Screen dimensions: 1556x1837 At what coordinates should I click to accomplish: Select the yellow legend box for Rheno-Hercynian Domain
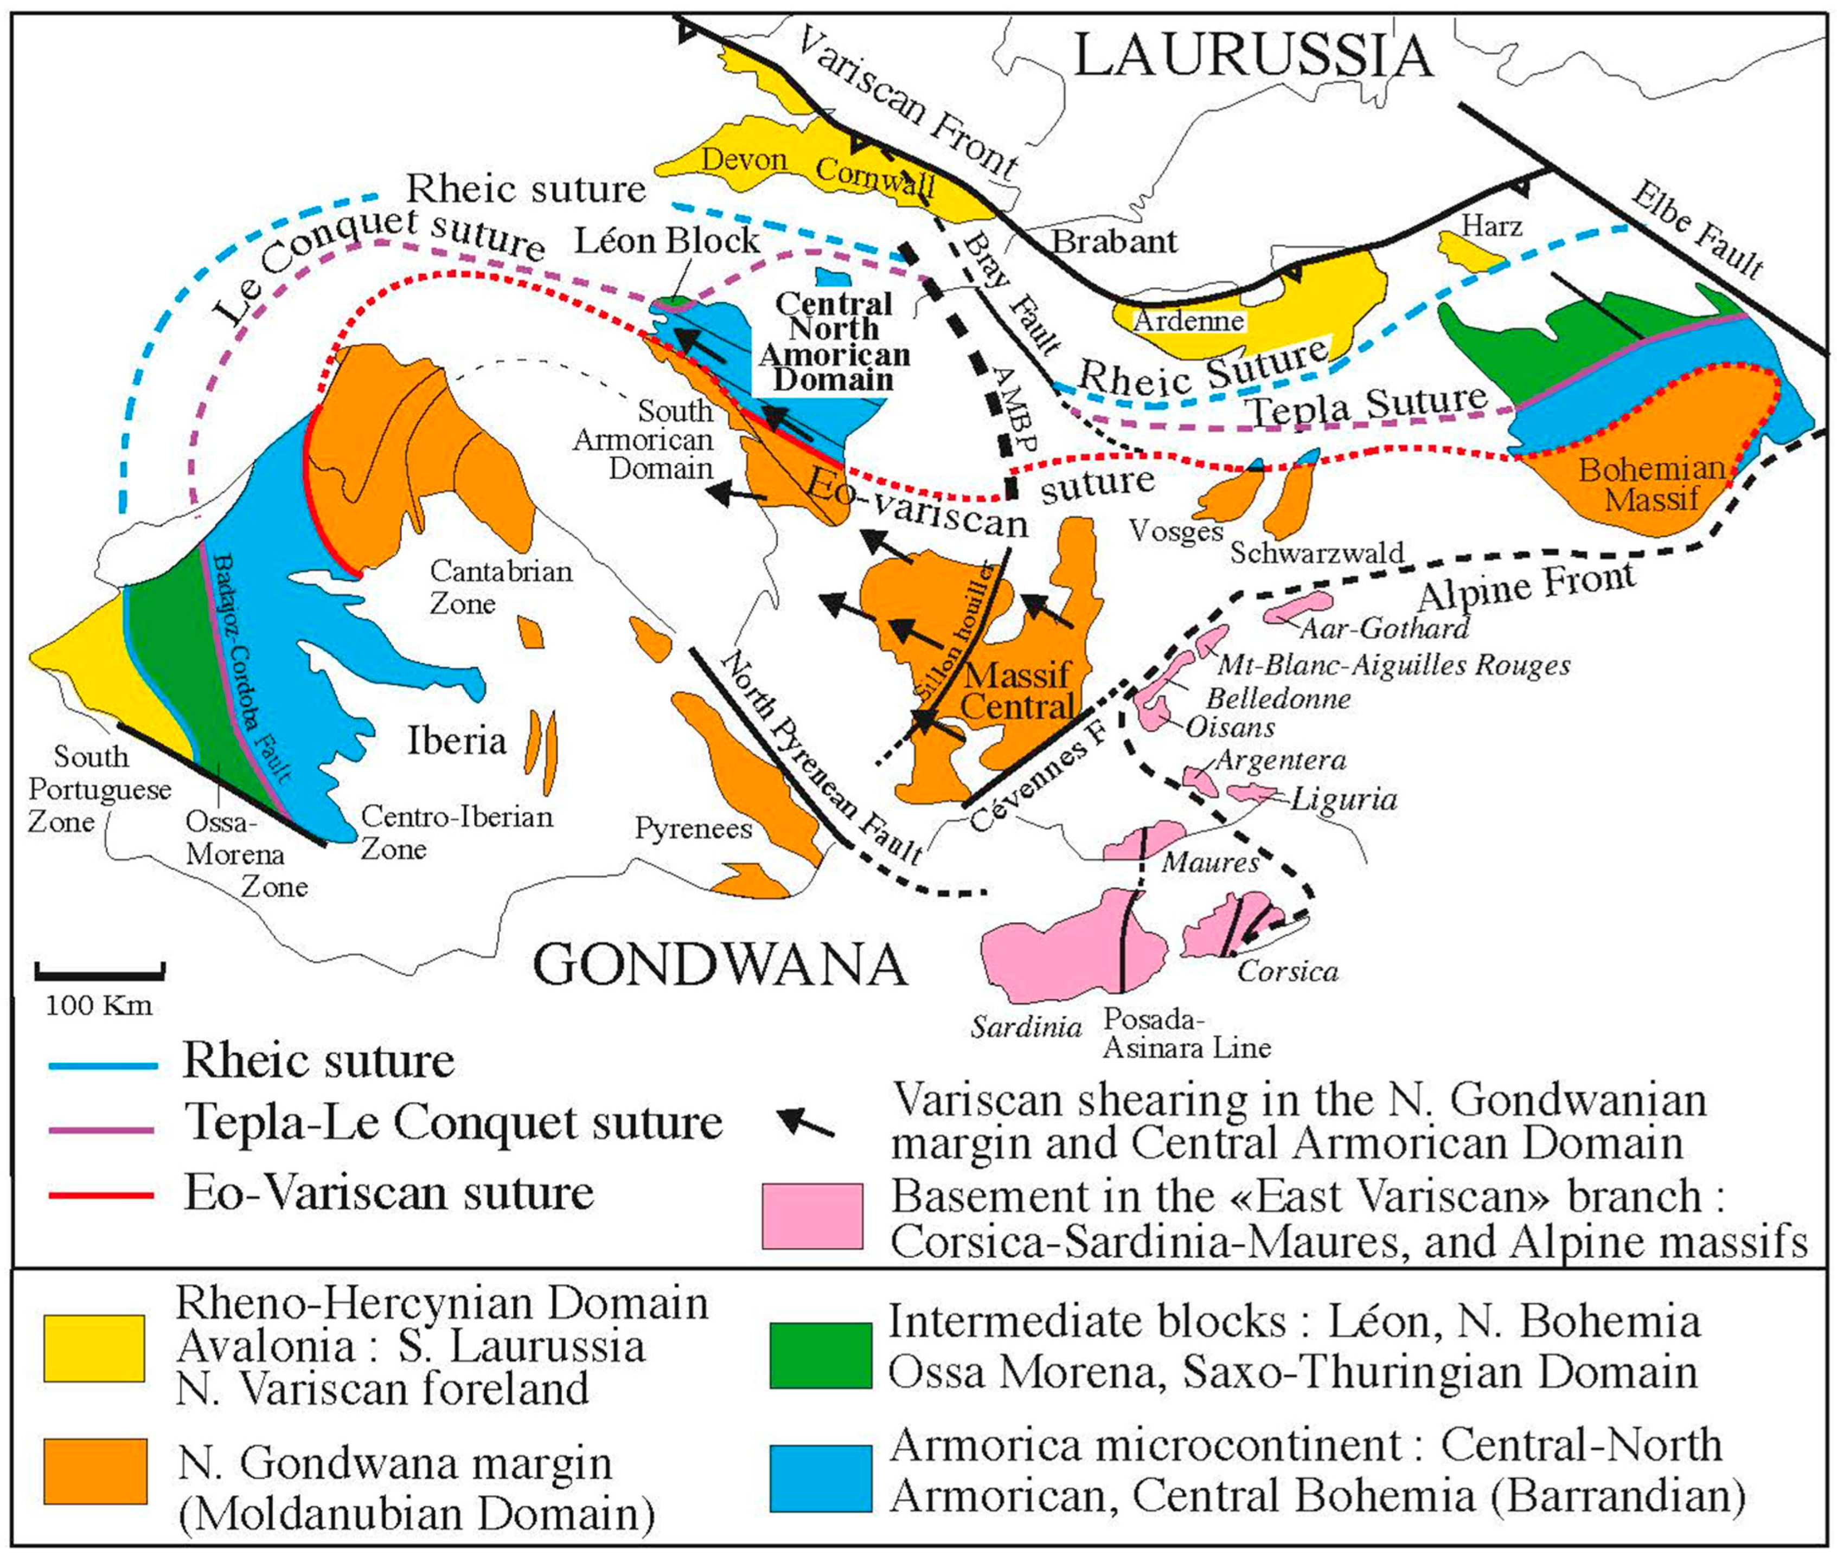point(94,1348)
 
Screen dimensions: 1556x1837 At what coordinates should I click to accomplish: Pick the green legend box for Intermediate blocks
point(821,1355)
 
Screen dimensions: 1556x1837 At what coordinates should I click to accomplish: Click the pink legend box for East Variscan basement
point(812,1216)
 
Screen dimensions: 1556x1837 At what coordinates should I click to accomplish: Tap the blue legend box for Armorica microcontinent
point(821,1477)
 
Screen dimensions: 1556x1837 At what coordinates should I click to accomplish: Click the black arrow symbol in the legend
point(805,1122)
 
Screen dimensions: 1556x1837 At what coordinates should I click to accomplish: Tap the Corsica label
point(1288,971)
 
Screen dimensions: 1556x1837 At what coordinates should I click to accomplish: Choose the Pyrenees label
point(694,828)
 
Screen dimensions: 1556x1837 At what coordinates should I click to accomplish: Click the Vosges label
point(1176,530)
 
